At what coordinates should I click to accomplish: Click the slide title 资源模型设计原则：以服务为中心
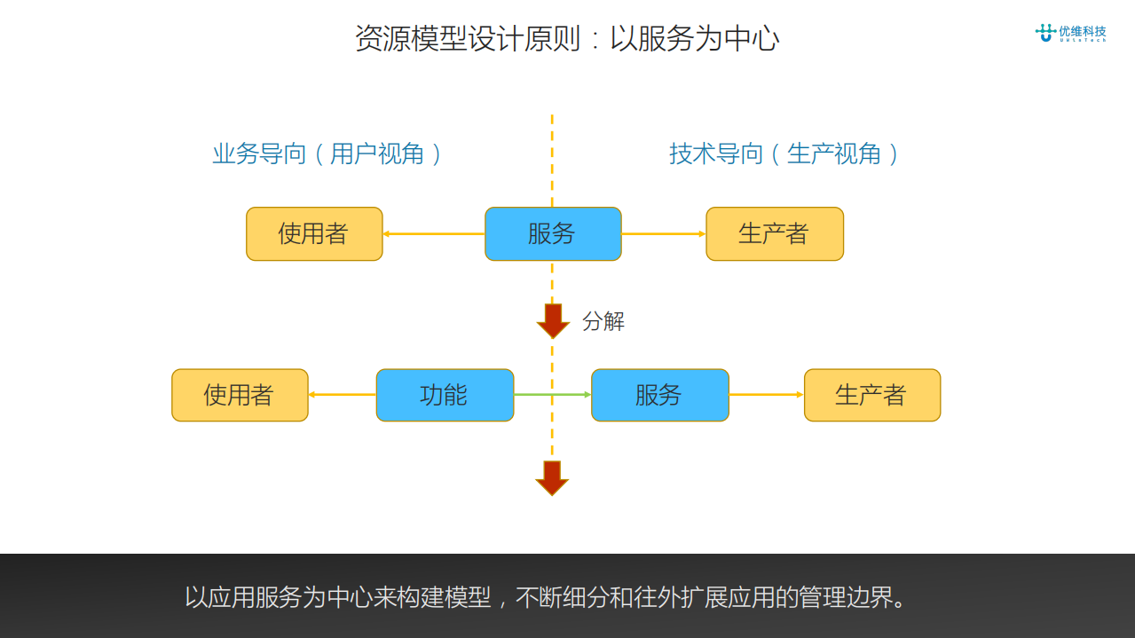(567, 39)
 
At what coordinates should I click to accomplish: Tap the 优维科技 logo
(1070, 33)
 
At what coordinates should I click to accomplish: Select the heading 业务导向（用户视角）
(327, 154)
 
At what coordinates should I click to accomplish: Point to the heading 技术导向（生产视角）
(784, 154)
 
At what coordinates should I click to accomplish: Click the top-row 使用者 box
(314, 233)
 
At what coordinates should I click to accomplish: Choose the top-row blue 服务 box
(553, 233)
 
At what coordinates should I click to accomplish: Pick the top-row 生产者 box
(774, 233)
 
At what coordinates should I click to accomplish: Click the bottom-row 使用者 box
(240, 395)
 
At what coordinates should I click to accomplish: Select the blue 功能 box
(445, 395)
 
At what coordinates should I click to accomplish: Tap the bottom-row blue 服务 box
(659, 395)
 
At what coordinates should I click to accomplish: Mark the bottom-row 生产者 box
(871, 395)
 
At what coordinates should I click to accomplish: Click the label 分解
(603, 321)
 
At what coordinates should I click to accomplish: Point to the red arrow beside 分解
(553, 320)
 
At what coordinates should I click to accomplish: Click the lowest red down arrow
(552, 477)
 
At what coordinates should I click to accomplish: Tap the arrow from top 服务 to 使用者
(433, 234)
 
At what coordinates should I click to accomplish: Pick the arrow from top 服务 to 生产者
(663, 234)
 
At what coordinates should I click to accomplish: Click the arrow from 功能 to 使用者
(342, 395)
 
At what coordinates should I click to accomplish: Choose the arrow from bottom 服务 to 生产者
(766, 395)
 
